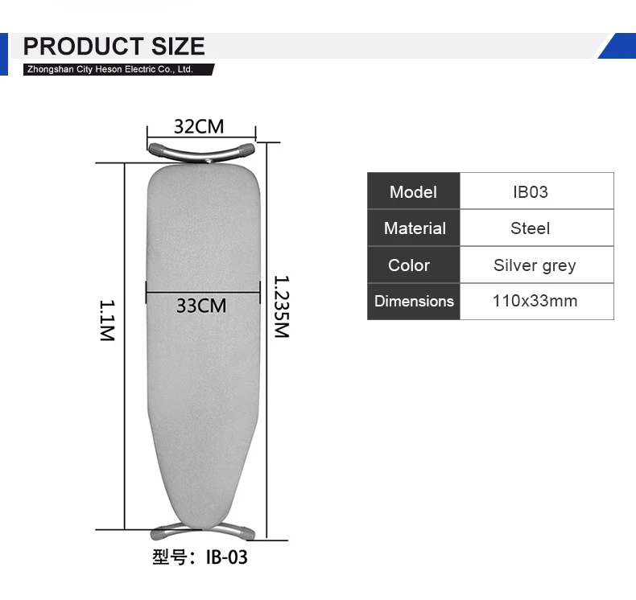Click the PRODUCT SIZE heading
[x=114, y=46]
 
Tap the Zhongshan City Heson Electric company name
[x=109, y=70]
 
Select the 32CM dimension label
[x=199, y=126]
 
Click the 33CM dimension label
[x=201, y=306]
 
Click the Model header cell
[x=413, y=191]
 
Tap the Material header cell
[x=413, y=228]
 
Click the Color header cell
[x=413, y=265]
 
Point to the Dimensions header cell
[x=413, y=302]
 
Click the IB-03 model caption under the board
[x=200, y=557]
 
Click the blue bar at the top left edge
[x=3, y=54]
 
